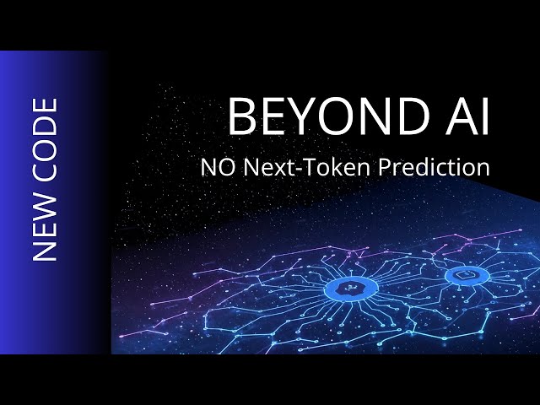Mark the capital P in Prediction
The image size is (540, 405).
coord(384,168)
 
